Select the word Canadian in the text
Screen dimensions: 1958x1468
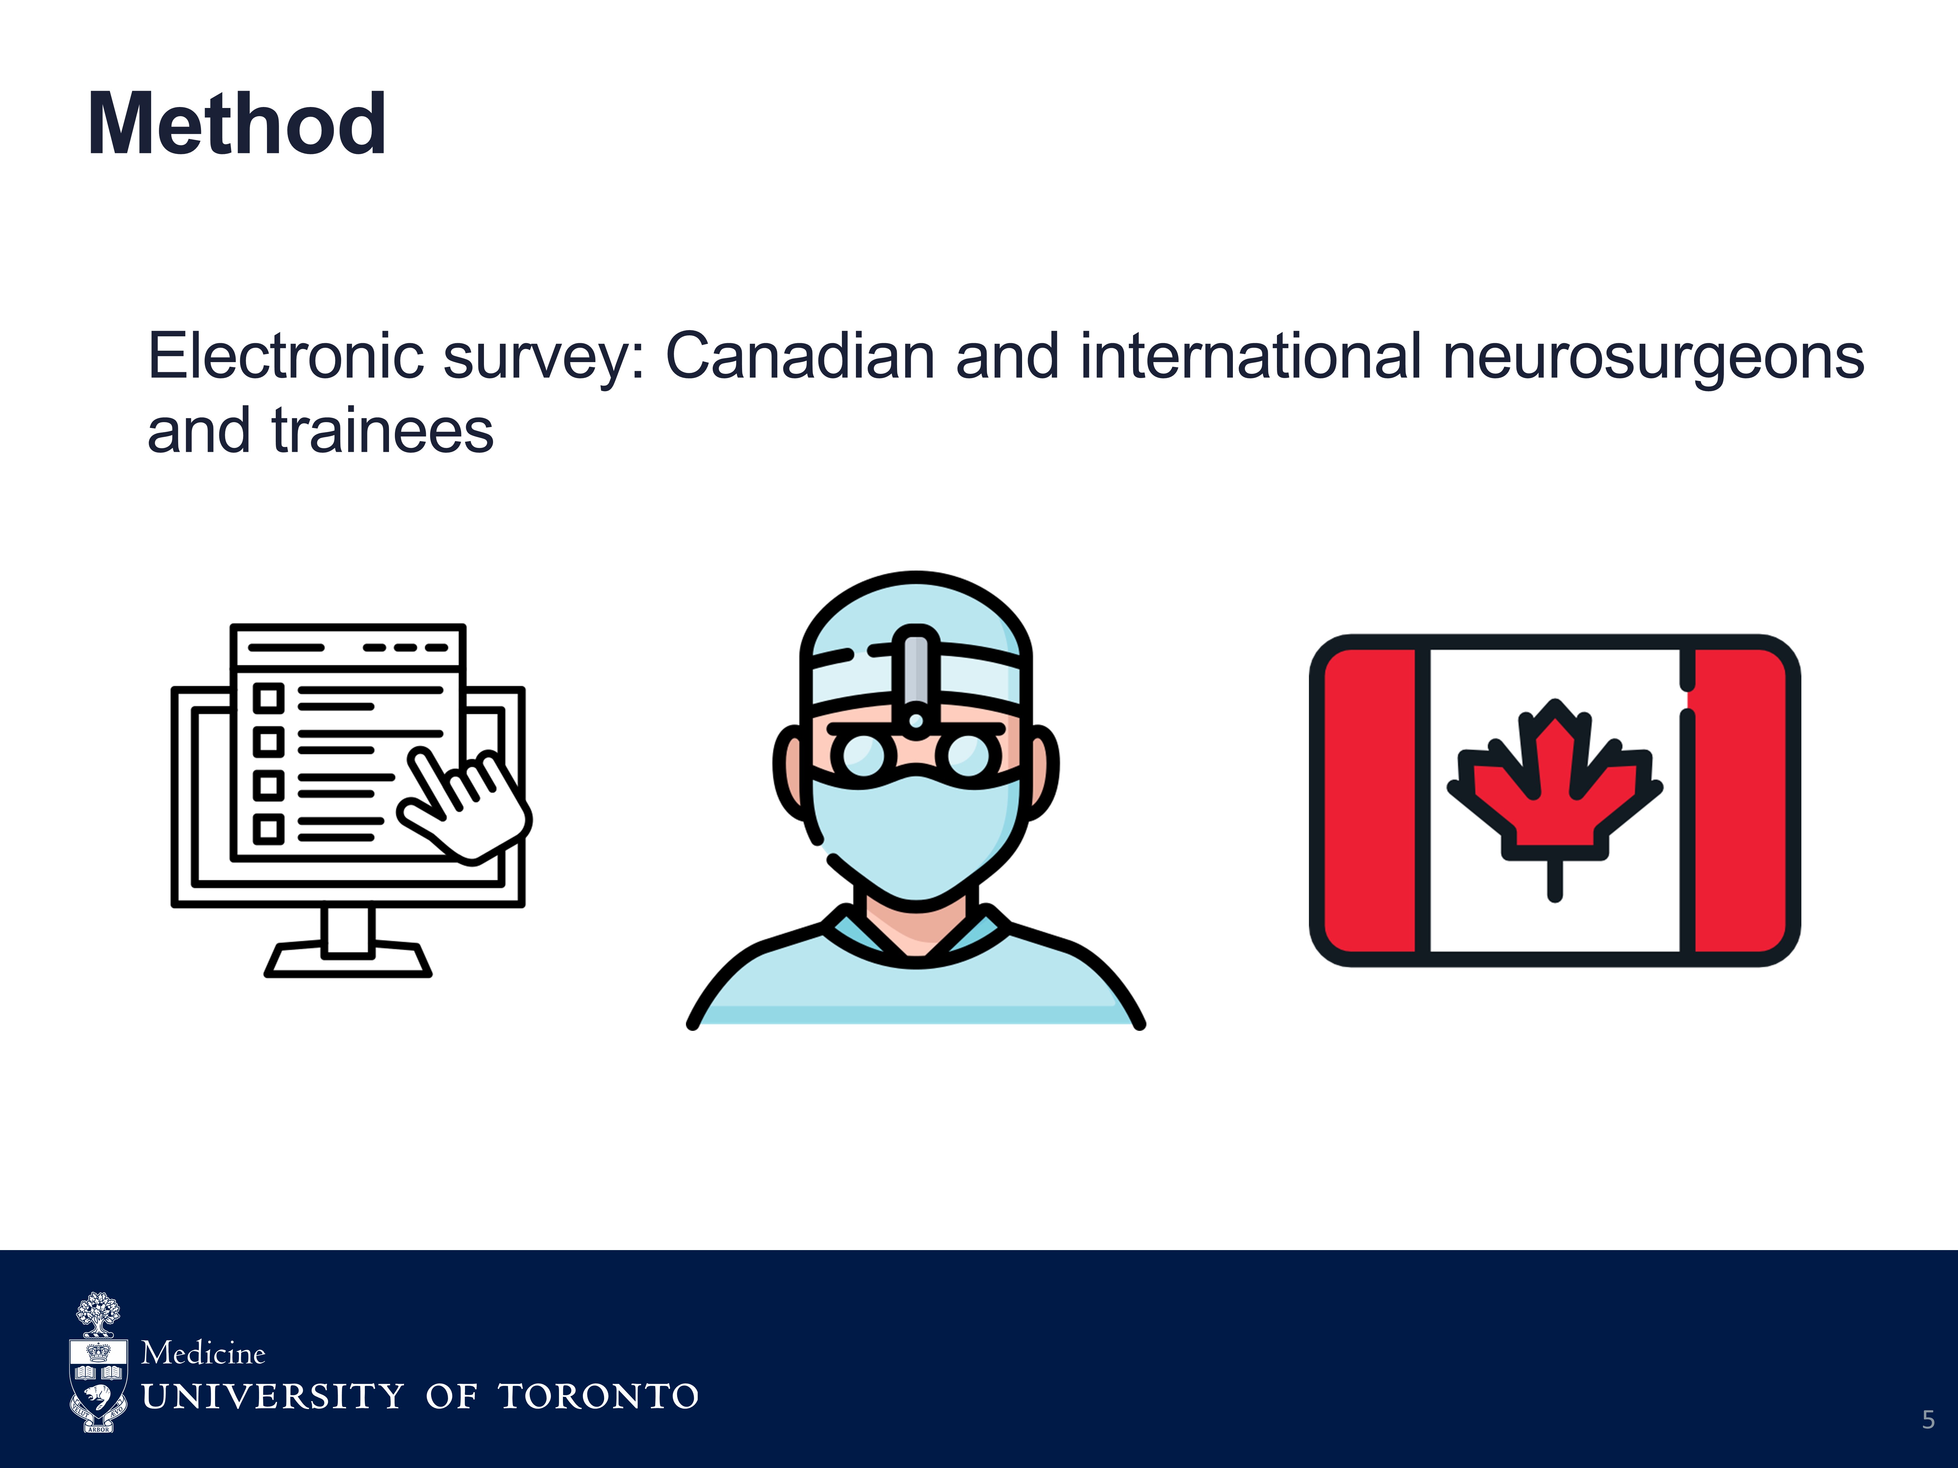click(x=800, y=357)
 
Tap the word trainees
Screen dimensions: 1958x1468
click(x=382, y=432)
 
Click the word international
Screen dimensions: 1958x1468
click(x=1251, y=357)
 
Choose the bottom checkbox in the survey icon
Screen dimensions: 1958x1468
click(x=268, y=829)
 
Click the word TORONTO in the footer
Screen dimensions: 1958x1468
click(x=598, y=1396)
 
